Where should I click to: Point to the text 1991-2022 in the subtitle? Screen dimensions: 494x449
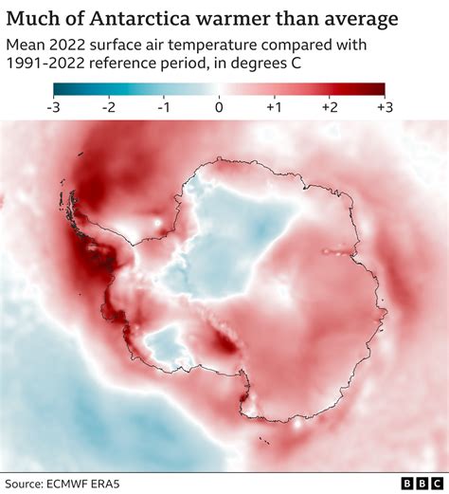[45, 66]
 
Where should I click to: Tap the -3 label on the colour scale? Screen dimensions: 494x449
[53, 107]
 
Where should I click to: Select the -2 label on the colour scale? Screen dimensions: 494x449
[108, 107]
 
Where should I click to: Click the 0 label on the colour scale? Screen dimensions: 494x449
[219, 107]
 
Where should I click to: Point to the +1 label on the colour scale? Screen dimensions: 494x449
[274, 107]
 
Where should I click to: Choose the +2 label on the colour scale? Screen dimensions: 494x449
[329, 107]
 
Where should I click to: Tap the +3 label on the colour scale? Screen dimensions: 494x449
[385, 107]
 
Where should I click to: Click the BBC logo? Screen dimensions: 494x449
[413, 483]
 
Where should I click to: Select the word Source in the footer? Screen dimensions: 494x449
[28, 483]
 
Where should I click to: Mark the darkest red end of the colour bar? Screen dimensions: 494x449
[382, 90]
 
